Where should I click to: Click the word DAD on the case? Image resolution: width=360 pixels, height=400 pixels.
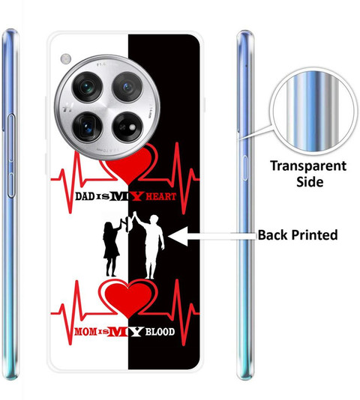coord(85,196)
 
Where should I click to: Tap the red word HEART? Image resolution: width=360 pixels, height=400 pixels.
coord(161,196)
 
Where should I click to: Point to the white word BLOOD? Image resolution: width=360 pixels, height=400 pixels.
coord(160,332)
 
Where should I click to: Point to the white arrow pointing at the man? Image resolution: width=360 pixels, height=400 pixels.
coord(212,237)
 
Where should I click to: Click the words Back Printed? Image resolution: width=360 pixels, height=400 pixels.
coord(298,235)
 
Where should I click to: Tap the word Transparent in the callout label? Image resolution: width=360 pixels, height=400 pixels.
coord(308,166)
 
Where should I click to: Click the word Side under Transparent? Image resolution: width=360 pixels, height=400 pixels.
coord(310,182)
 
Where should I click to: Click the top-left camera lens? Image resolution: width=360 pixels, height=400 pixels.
coord(88,87)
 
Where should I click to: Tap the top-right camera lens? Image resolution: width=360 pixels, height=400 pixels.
coord(127,87)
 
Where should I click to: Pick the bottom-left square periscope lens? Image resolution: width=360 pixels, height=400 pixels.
coord(88,127)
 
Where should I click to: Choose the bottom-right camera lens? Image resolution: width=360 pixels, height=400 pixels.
coord(127,127)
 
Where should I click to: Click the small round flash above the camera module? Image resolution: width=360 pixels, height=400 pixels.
coord(66,58)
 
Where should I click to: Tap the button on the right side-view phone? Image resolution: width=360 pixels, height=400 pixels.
coord(245,168)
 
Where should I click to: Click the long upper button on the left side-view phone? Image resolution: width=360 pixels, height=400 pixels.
coord(11,138)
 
